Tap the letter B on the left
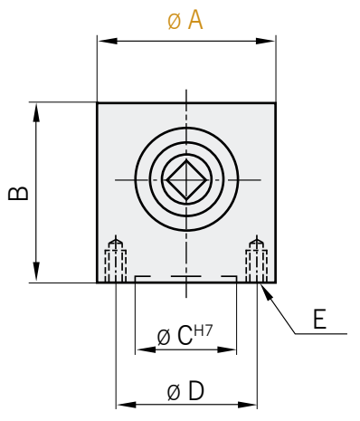coord(18,194)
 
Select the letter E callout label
coord(320,319)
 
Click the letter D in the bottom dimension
coord(196,391)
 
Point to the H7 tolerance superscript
coord(204,331)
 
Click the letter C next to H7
coord(185,336)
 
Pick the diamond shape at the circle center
coord(186,180)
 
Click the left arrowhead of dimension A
coord(108,41)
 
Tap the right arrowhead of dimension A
coord(265,41)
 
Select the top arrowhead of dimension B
coord(36,113)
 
